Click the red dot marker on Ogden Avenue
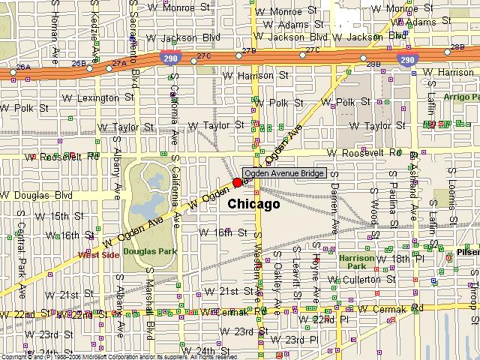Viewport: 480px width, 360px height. pos(238,182)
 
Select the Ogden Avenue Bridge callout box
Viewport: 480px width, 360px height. pos(284,174)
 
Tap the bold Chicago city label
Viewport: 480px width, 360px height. pos(253,204)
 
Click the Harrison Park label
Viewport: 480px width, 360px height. pos(356,261)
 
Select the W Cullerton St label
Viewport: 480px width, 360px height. pos(364,279)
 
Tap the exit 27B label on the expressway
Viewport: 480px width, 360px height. pos(249,50)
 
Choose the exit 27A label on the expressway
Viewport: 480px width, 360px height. pos(119,64)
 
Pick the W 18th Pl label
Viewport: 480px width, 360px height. pos(409,259)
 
